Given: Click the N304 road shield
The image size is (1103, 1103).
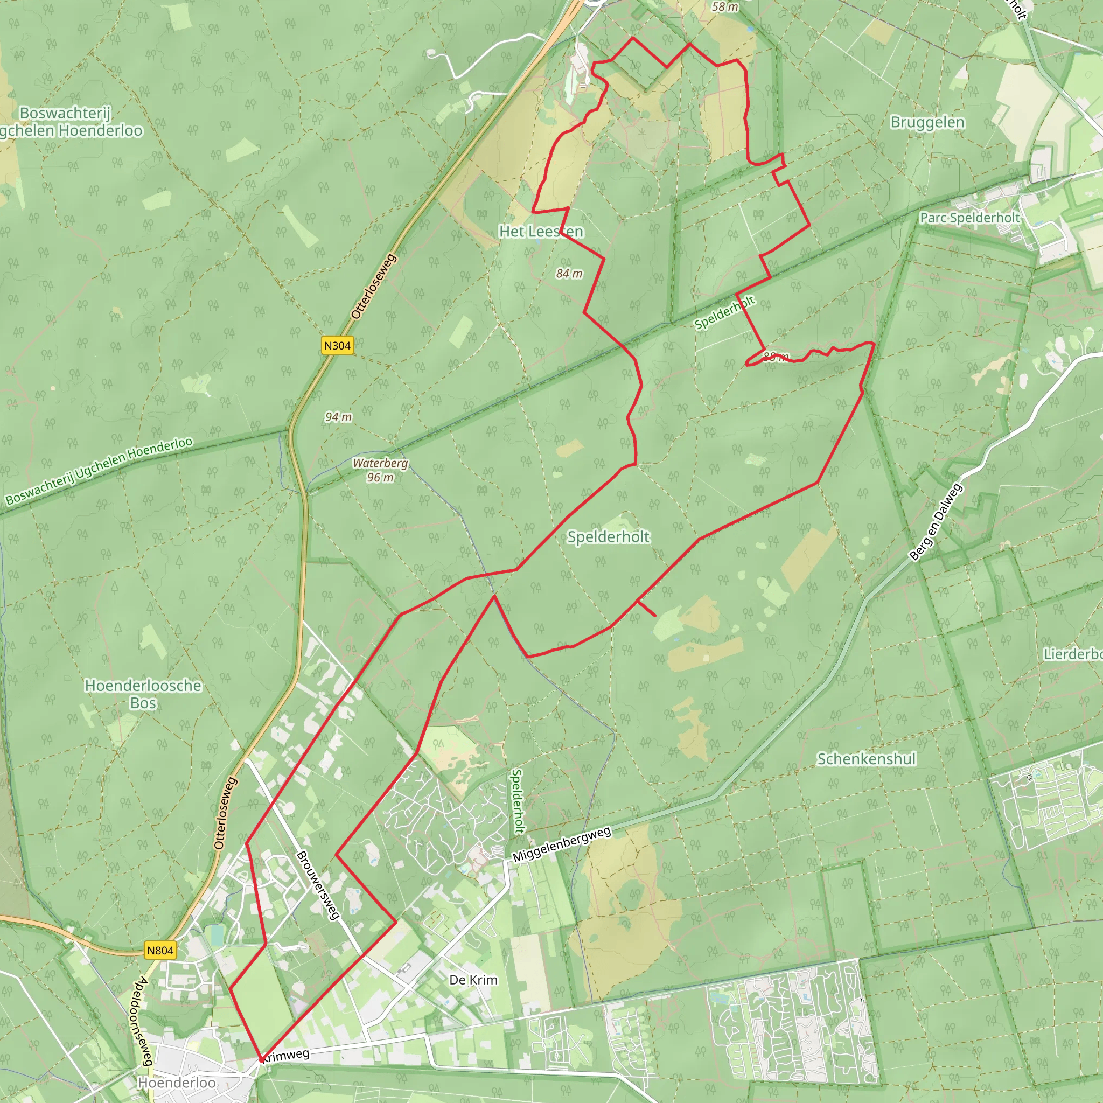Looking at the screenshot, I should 337,345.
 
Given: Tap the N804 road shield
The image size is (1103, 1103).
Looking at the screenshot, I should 160,951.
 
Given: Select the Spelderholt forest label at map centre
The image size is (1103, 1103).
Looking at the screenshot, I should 608,536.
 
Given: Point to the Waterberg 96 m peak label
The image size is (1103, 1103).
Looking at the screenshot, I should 380,470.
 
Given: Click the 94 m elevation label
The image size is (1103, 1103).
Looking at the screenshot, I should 339,417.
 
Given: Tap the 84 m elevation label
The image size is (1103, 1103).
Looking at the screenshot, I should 569,274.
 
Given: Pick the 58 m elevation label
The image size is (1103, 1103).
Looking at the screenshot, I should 725,7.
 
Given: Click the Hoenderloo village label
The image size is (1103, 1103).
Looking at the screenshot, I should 177,1083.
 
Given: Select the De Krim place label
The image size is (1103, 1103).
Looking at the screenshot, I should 473,980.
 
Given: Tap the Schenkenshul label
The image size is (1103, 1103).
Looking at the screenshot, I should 866,759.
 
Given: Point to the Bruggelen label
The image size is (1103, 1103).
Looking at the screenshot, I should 928,122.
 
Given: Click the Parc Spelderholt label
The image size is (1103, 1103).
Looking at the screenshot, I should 969,218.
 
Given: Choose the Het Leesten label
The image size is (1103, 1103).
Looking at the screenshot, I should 541,231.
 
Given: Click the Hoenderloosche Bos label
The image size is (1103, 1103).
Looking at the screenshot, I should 143,694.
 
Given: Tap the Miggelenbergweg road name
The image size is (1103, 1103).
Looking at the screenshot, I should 562,845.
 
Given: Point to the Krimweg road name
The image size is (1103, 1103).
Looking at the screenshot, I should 286,1056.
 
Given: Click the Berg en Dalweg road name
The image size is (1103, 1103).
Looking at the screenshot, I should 936,522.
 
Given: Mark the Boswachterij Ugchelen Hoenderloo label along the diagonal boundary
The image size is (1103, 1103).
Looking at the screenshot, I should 99,472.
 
